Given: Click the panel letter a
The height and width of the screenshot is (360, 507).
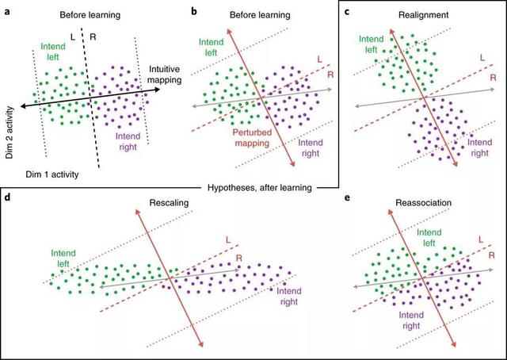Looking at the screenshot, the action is coord(7,14).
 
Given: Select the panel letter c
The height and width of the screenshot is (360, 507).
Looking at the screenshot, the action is coord(347,14).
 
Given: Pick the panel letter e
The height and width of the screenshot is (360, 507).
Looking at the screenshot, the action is coord(348,197).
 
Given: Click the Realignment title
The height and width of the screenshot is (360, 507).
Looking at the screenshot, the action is coord(423,15).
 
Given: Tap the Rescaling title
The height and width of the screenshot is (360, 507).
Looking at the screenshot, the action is coord(169,203).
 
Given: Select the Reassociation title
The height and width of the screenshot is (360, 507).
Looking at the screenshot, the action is coord(424,203).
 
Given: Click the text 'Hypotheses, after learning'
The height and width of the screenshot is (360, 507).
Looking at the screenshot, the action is coord(260,188).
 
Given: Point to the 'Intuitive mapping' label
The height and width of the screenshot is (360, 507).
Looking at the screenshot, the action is coord(165,74).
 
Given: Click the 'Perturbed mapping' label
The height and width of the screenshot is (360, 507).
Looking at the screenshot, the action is coord(252,138).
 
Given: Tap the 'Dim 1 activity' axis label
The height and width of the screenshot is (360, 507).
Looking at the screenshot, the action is coord(52,174).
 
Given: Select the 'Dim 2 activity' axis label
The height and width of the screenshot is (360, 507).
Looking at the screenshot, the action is coord(10,132).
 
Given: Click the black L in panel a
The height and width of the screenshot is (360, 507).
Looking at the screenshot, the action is coord(73,37).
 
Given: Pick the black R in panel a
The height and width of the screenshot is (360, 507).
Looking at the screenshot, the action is coord(93,37).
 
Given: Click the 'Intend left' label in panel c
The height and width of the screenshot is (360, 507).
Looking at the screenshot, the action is coord(372,44).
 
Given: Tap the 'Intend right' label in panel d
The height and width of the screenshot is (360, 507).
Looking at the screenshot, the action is coord(288,297).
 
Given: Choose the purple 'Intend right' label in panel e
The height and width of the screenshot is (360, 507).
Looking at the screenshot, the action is coord(411,320).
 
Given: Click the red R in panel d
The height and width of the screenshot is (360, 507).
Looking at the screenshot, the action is coord(239,258).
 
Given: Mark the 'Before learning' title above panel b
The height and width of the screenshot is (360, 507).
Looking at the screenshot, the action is coord(260,15).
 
